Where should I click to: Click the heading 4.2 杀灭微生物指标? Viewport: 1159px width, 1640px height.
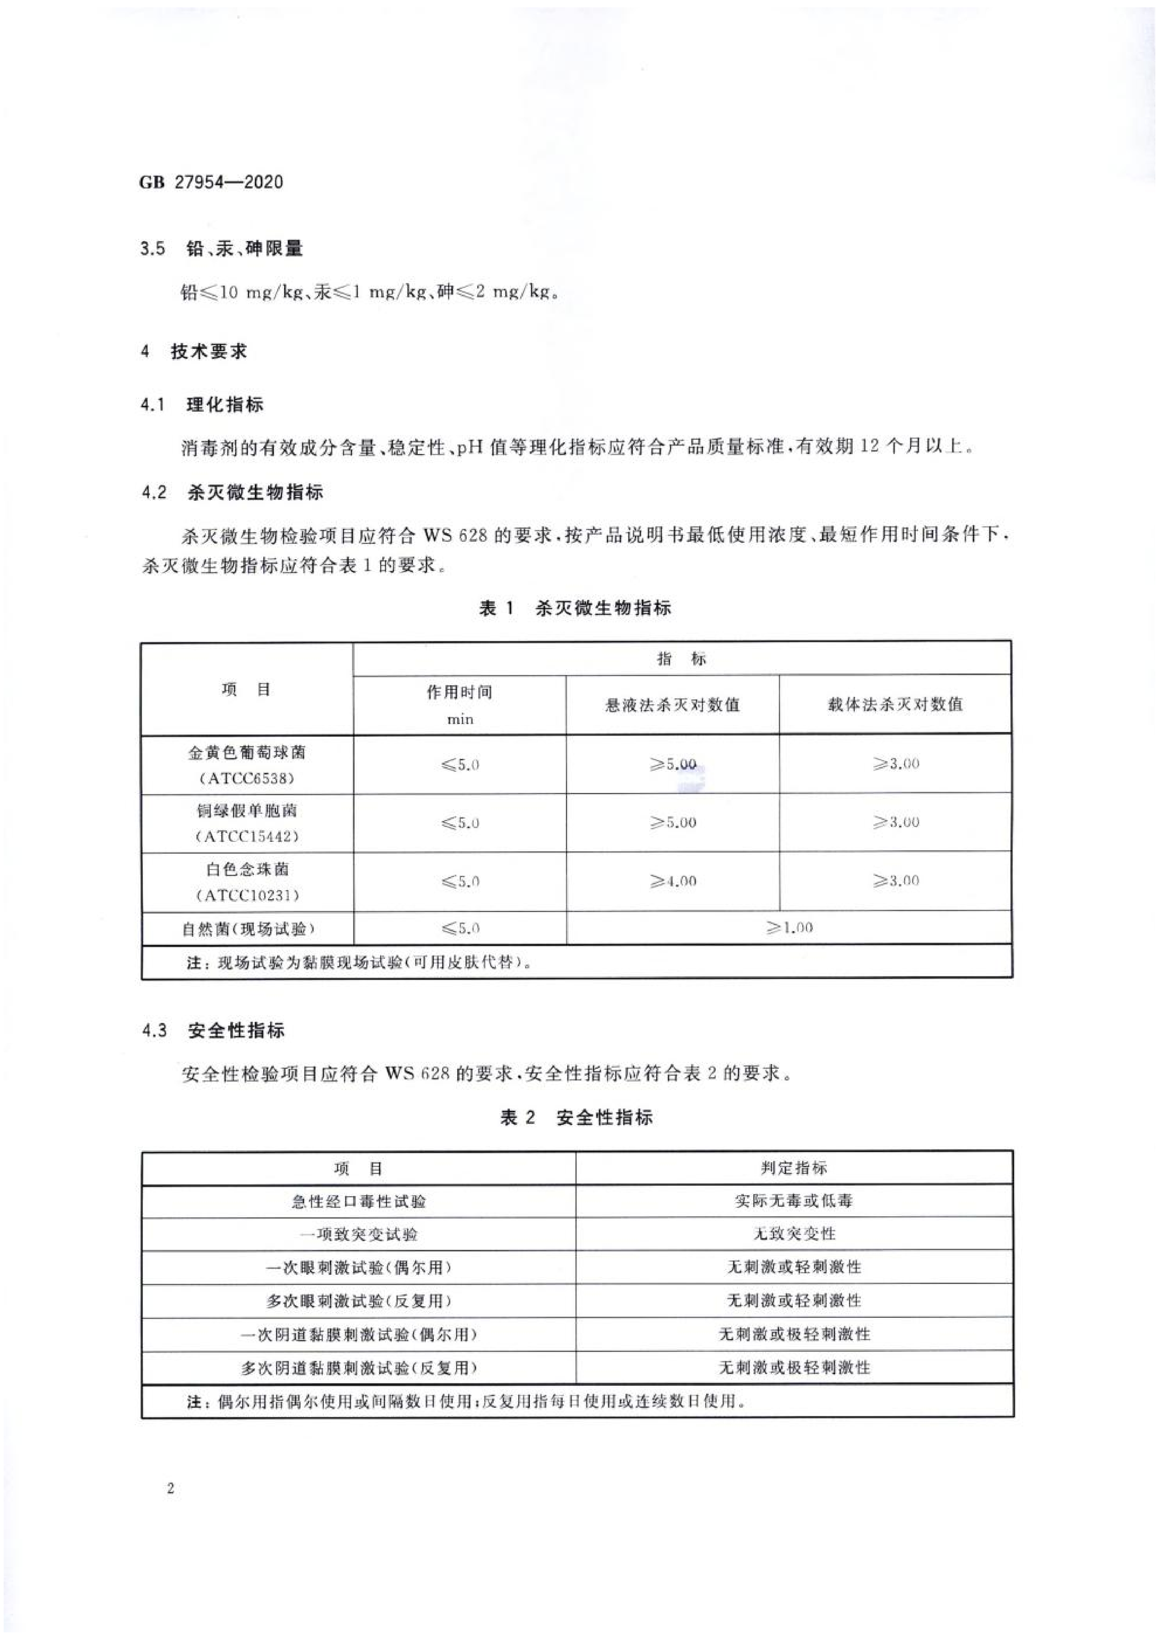pyautogui.click(x=233, y=492)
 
